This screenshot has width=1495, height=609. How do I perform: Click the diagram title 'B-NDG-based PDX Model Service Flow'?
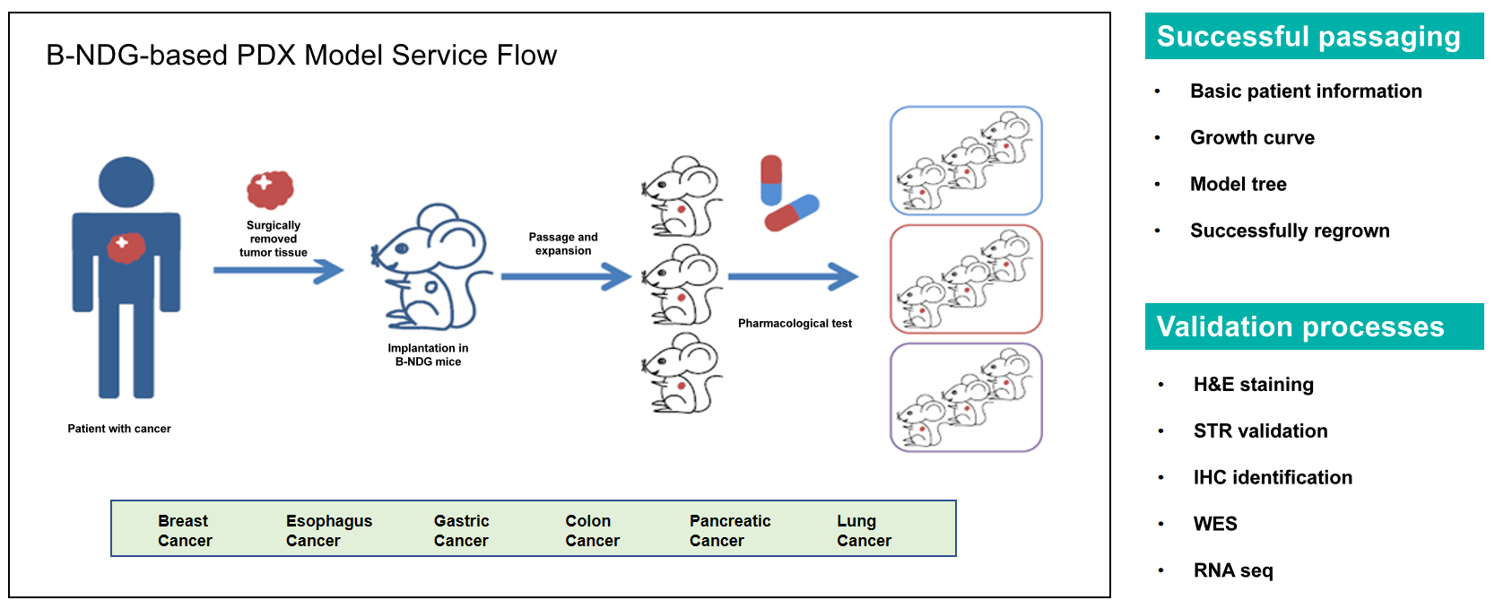pyautogui.click(x=301, y=56)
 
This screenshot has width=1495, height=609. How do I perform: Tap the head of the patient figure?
pyautogui.click(x=126, y=182)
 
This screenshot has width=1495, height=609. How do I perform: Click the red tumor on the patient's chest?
pyautogui.click(x=126, y=248)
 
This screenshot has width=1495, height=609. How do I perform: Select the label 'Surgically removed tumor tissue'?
pyautogui.click(x=274, y=239)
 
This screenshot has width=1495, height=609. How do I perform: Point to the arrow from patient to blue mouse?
pyautogui.click(x=278, y=270)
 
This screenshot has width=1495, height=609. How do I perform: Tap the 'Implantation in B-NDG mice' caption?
pyautogui.click(x=428, y=355)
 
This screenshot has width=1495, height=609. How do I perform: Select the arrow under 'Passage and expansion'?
pyautogui.click(x=566, y=276)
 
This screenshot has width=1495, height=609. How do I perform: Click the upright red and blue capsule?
pyautogui.click(x=771, y=180)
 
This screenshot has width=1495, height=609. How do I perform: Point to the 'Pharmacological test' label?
pyautogui.click(x=795, y=324)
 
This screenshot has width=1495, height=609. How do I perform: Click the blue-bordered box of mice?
pyautogui.click(x=966, y=161)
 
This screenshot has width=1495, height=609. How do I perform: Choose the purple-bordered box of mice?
pyautogui.click(x=966, y=397)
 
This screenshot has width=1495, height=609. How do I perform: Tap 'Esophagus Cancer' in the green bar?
pyautogui.click(x=328, y=531)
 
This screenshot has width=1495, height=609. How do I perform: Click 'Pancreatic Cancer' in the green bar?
pyautogui.click(x=729, y=531)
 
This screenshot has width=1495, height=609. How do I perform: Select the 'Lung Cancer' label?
pyautogui.click(x=864, y=531)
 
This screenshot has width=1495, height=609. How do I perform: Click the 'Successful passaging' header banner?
pyautogui.click(x=1314, y=37)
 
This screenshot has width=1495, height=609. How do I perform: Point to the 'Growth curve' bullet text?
pyautogui.click(x=1252, y=138)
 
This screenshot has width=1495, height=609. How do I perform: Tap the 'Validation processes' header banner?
pyautogui.click(x=1314, y=326)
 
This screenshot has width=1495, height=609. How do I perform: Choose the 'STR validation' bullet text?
pyautogui.click(x=1260, y=431)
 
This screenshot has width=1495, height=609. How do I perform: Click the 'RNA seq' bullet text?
pyautogui.click(x=1233, y=570)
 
